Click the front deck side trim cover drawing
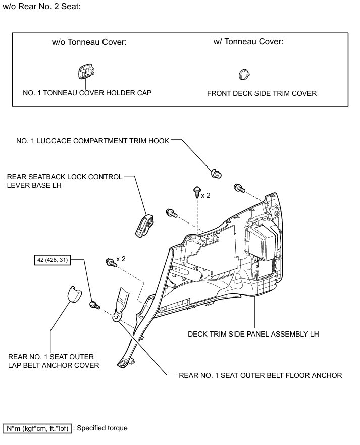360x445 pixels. [x=244, y=75]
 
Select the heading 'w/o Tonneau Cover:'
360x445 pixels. [x=89, y=42]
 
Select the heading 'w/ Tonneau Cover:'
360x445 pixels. [x=248, y=42]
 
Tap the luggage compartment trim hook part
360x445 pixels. [x=216, y=174]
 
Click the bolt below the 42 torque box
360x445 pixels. [x=94, y=305]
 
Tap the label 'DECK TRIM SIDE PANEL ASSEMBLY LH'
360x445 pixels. [x=253, y=334]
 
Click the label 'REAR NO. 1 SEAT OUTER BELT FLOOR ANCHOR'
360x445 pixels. [x=261, y=375]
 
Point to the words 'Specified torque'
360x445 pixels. [x=102, y=428]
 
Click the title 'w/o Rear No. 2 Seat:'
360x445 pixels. [x=42, y=8]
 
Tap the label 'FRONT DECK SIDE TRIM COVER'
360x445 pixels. [x=262, y=93]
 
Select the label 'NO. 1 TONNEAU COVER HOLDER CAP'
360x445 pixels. [x=87, y=93]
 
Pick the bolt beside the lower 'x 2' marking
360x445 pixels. [x=110, y=261]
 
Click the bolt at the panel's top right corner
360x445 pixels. [x=239, y=189]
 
